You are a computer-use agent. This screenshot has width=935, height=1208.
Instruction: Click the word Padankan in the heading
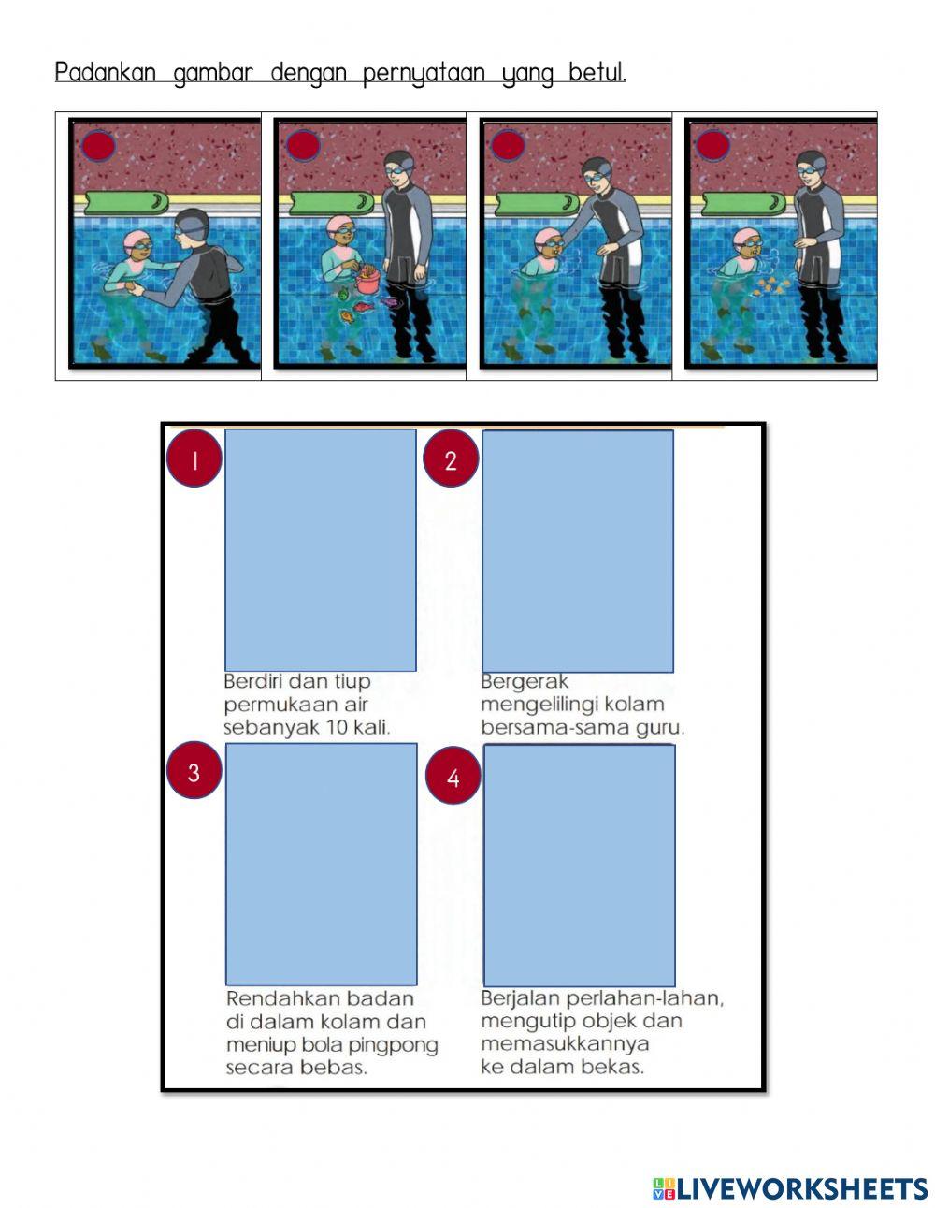[105, 73]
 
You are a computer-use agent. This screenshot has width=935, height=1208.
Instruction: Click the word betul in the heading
[597, 72]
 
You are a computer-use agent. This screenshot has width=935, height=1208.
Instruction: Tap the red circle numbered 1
[194, 458]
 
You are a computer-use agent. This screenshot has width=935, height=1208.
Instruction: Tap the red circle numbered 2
[451, 458]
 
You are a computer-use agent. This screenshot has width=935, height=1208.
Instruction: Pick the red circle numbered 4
[453, 776]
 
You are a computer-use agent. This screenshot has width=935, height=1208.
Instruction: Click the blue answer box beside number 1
[321, 550]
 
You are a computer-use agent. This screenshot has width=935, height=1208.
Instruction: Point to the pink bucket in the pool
[367, 282]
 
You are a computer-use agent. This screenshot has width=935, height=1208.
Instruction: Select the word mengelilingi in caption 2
[539, 705]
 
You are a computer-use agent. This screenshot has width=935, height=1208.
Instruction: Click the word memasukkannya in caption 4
[565, 1044]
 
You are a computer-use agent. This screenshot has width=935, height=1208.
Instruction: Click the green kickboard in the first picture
[126, 203]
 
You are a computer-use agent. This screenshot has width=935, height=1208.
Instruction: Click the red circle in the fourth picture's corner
[712, 145]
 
